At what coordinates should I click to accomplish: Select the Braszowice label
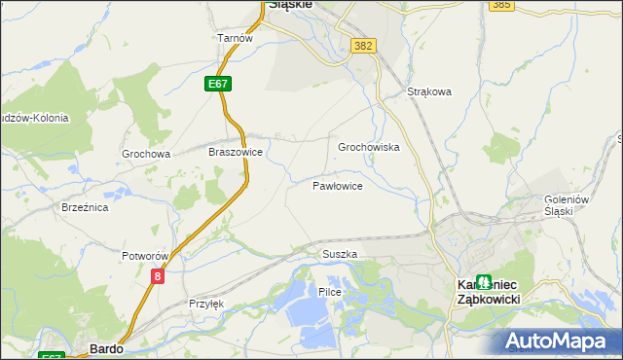pos(236,153)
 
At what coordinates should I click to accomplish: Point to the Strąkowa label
pos(429,93)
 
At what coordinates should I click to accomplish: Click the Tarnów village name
pos(235,38)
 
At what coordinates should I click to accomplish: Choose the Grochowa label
pos(146,154)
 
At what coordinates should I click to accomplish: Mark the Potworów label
pos(146,256)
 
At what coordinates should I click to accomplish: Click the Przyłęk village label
pos(206,304)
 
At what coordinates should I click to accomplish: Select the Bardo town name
pos(105,346)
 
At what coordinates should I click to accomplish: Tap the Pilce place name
pos(329,292)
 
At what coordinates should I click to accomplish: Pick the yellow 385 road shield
pos(501,5)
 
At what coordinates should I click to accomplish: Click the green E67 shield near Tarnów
pos(218,85)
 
